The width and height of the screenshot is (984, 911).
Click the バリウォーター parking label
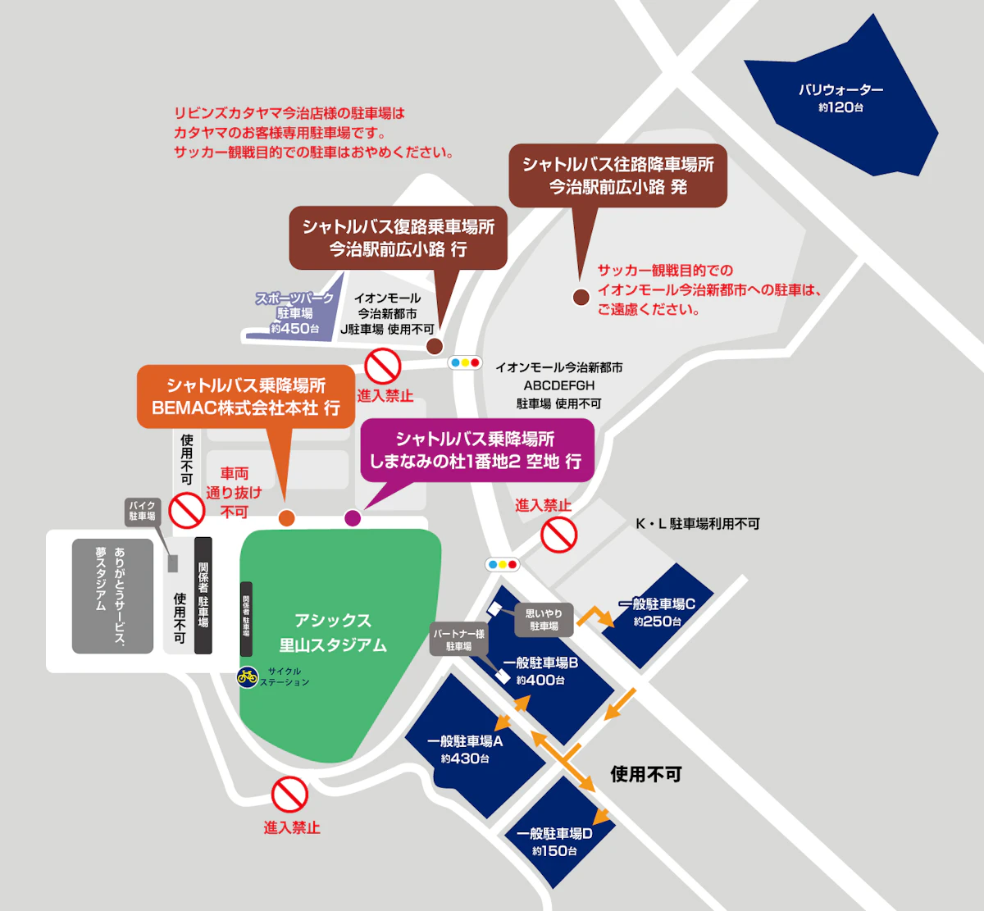pos(840,98)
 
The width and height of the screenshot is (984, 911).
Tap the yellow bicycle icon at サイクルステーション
pos(248,677)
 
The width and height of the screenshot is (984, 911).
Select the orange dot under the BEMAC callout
pos(287,518)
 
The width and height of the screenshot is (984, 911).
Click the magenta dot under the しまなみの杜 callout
pos(353,518)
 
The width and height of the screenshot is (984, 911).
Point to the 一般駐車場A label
pos(465,749)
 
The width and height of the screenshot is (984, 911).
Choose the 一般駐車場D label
pos(554,841)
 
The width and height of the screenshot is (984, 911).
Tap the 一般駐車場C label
pos(658,613)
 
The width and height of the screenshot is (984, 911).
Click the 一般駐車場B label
pos(540,671)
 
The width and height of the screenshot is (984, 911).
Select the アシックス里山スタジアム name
pos(333,632)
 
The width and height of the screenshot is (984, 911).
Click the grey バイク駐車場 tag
pos(143,512)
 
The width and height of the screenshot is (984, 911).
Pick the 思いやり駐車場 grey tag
pos(544,620)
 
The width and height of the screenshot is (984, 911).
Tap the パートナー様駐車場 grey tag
pos(459,640)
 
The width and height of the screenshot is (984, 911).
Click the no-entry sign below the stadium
pos(289,795)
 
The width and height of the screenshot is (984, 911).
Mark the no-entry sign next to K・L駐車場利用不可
pos(559,535)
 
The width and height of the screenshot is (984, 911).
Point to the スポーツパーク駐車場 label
pos(294,312)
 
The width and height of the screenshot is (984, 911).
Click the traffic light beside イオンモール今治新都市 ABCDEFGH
pos(465,362)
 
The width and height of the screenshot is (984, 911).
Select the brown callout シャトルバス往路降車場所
pos(617,176)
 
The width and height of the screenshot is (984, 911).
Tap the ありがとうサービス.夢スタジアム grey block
pos(112,596)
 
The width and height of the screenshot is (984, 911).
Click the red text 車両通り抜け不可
pos(234,492)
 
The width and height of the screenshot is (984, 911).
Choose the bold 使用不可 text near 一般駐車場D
pos(646,774)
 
